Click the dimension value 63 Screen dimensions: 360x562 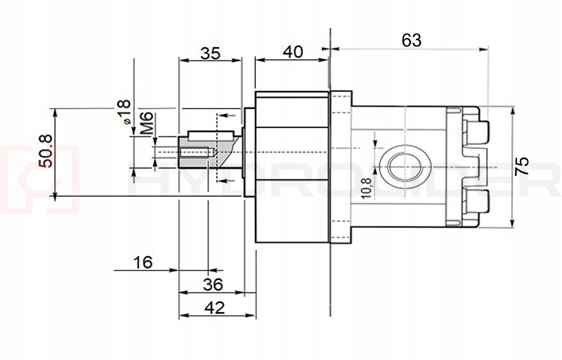[412, 41]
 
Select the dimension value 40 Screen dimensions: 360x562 [291, 52]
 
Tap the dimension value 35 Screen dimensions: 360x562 [211, 52]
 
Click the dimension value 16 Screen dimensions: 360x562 [143, 263]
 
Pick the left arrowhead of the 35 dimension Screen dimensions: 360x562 [182, 60]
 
